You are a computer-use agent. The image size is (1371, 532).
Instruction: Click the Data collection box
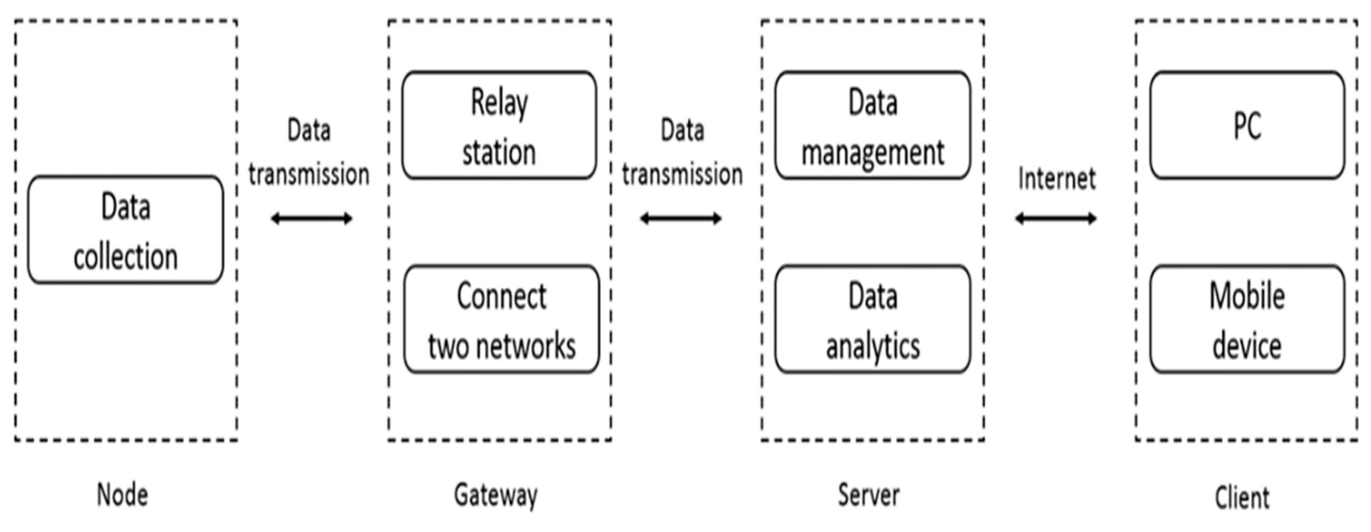point(126,230)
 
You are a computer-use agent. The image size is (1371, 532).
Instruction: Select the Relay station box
point(499,125)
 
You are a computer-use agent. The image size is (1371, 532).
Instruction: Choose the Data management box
point(872,125)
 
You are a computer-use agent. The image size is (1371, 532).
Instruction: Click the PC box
point(1247,125)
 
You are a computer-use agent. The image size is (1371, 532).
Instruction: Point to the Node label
point(122,495)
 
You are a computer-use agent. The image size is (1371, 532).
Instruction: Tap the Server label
point(869,495)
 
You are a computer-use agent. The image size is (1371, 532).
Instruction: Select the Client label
point(1242,498)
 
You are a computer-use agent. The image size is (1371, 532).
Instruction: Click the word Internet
point(1057,178)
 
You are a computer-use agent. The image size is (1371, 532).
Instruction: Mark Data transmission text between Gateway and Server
point(682,152)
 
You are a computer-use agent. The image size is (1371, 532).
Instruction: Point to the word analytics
point(873,347)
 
